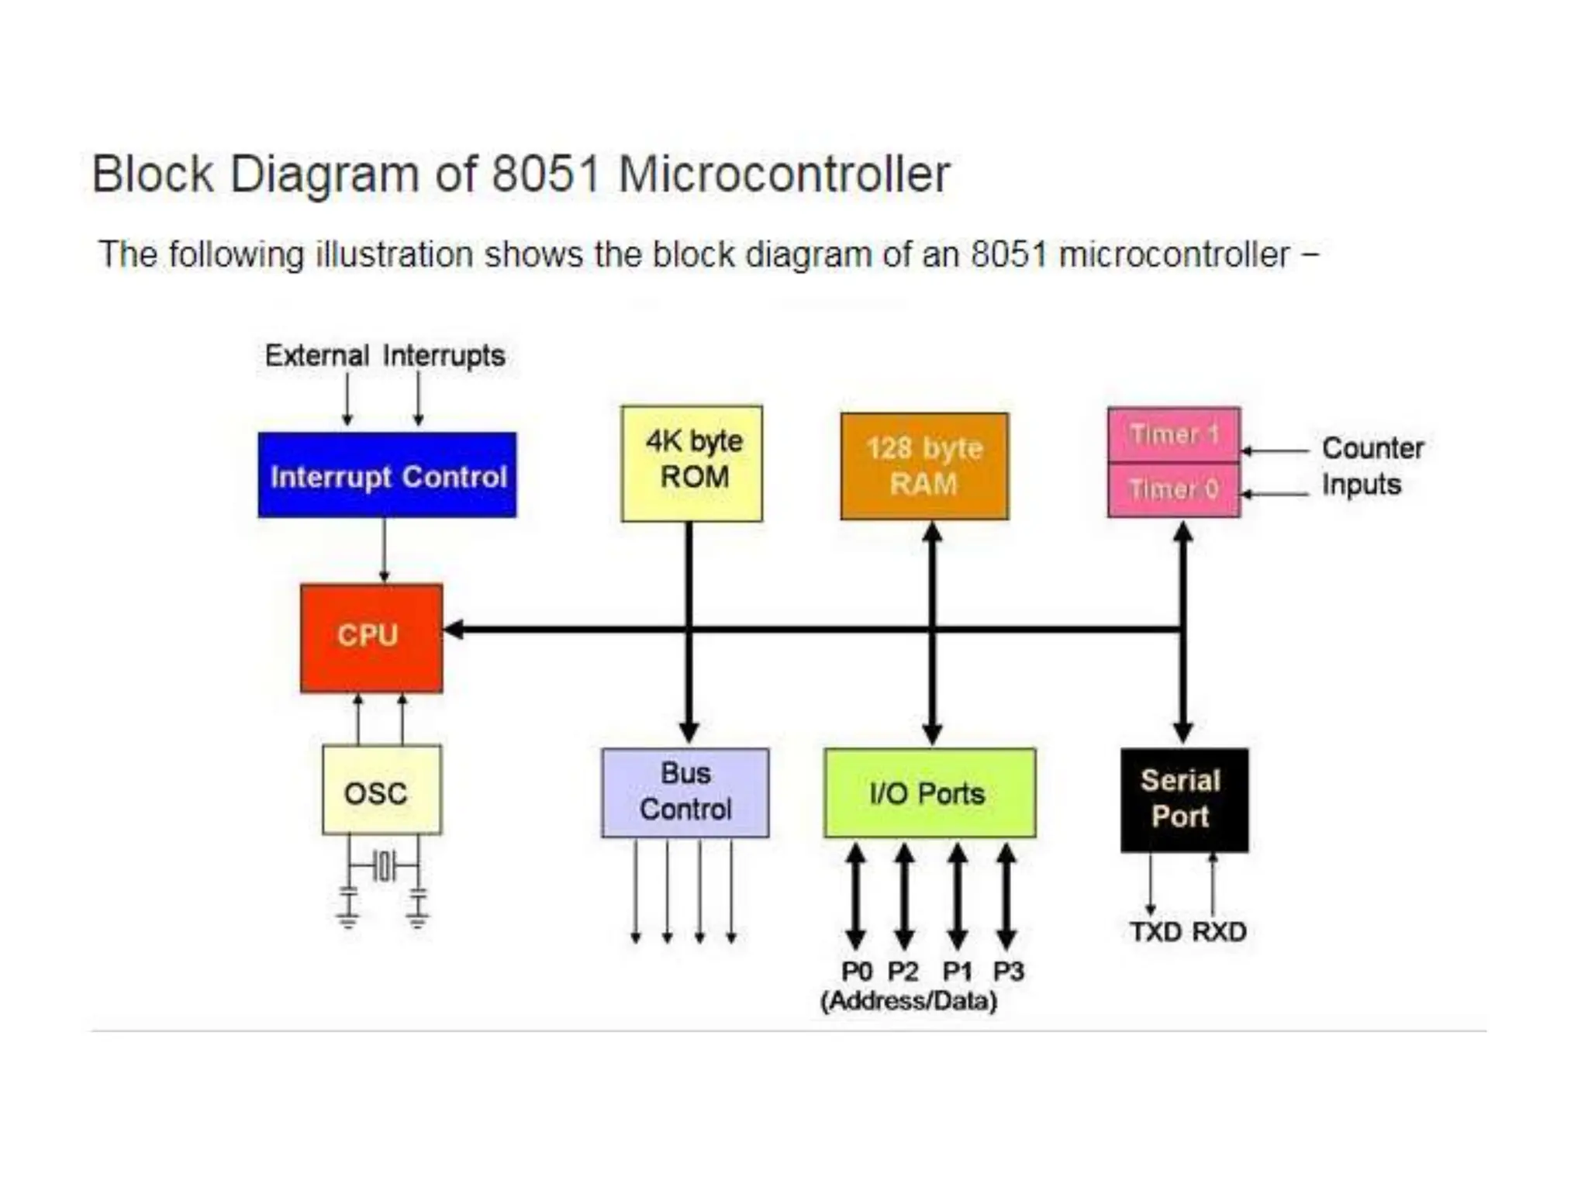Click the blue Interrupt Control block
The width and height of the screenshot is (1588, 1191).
[x=387, y=475]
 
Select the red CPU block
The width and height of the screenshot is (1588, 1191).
[x=371, y=637]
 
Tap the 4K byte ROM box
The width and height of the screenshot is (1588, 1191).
[x=692, y=463]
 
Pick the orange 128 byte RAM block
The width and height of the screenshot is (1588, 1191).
[x=924, y=466]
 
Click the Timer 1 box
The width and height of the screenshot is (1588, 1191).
[x=1174, y=434]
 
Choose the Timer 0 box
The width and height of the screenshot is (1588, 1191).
[x=1174, y=490]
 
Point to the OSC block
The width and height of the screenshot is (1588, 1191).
[x=381, y=790]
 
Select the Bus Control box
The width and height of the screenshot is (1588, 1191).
[x=685, y=792]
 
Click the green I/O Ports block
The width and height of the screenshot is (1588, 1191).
[x=929, y=792]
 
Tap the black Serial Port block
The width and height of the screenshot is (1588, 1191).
[x=1184, y=799]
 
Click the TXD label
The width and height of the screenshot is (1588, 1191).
[x=1155, y=931]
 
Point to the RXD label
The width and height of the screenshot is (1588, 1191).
[x=1219, y=931]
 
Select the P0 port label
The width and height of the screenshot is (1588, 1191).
[x=857, y=971]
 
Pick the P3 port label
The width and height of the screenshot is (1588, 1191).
[x=1009, y=971]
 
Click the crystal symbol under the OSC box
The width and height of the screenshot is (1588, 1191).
[x=384, y=865]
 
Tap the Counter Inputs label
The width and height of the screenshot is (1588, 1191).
[x=1371, y=466]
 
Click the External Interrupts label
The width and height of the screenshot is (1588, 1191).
[x=385, y=356]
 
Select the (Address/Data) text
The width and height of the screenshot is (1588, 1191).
[x=909, y=1000]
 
